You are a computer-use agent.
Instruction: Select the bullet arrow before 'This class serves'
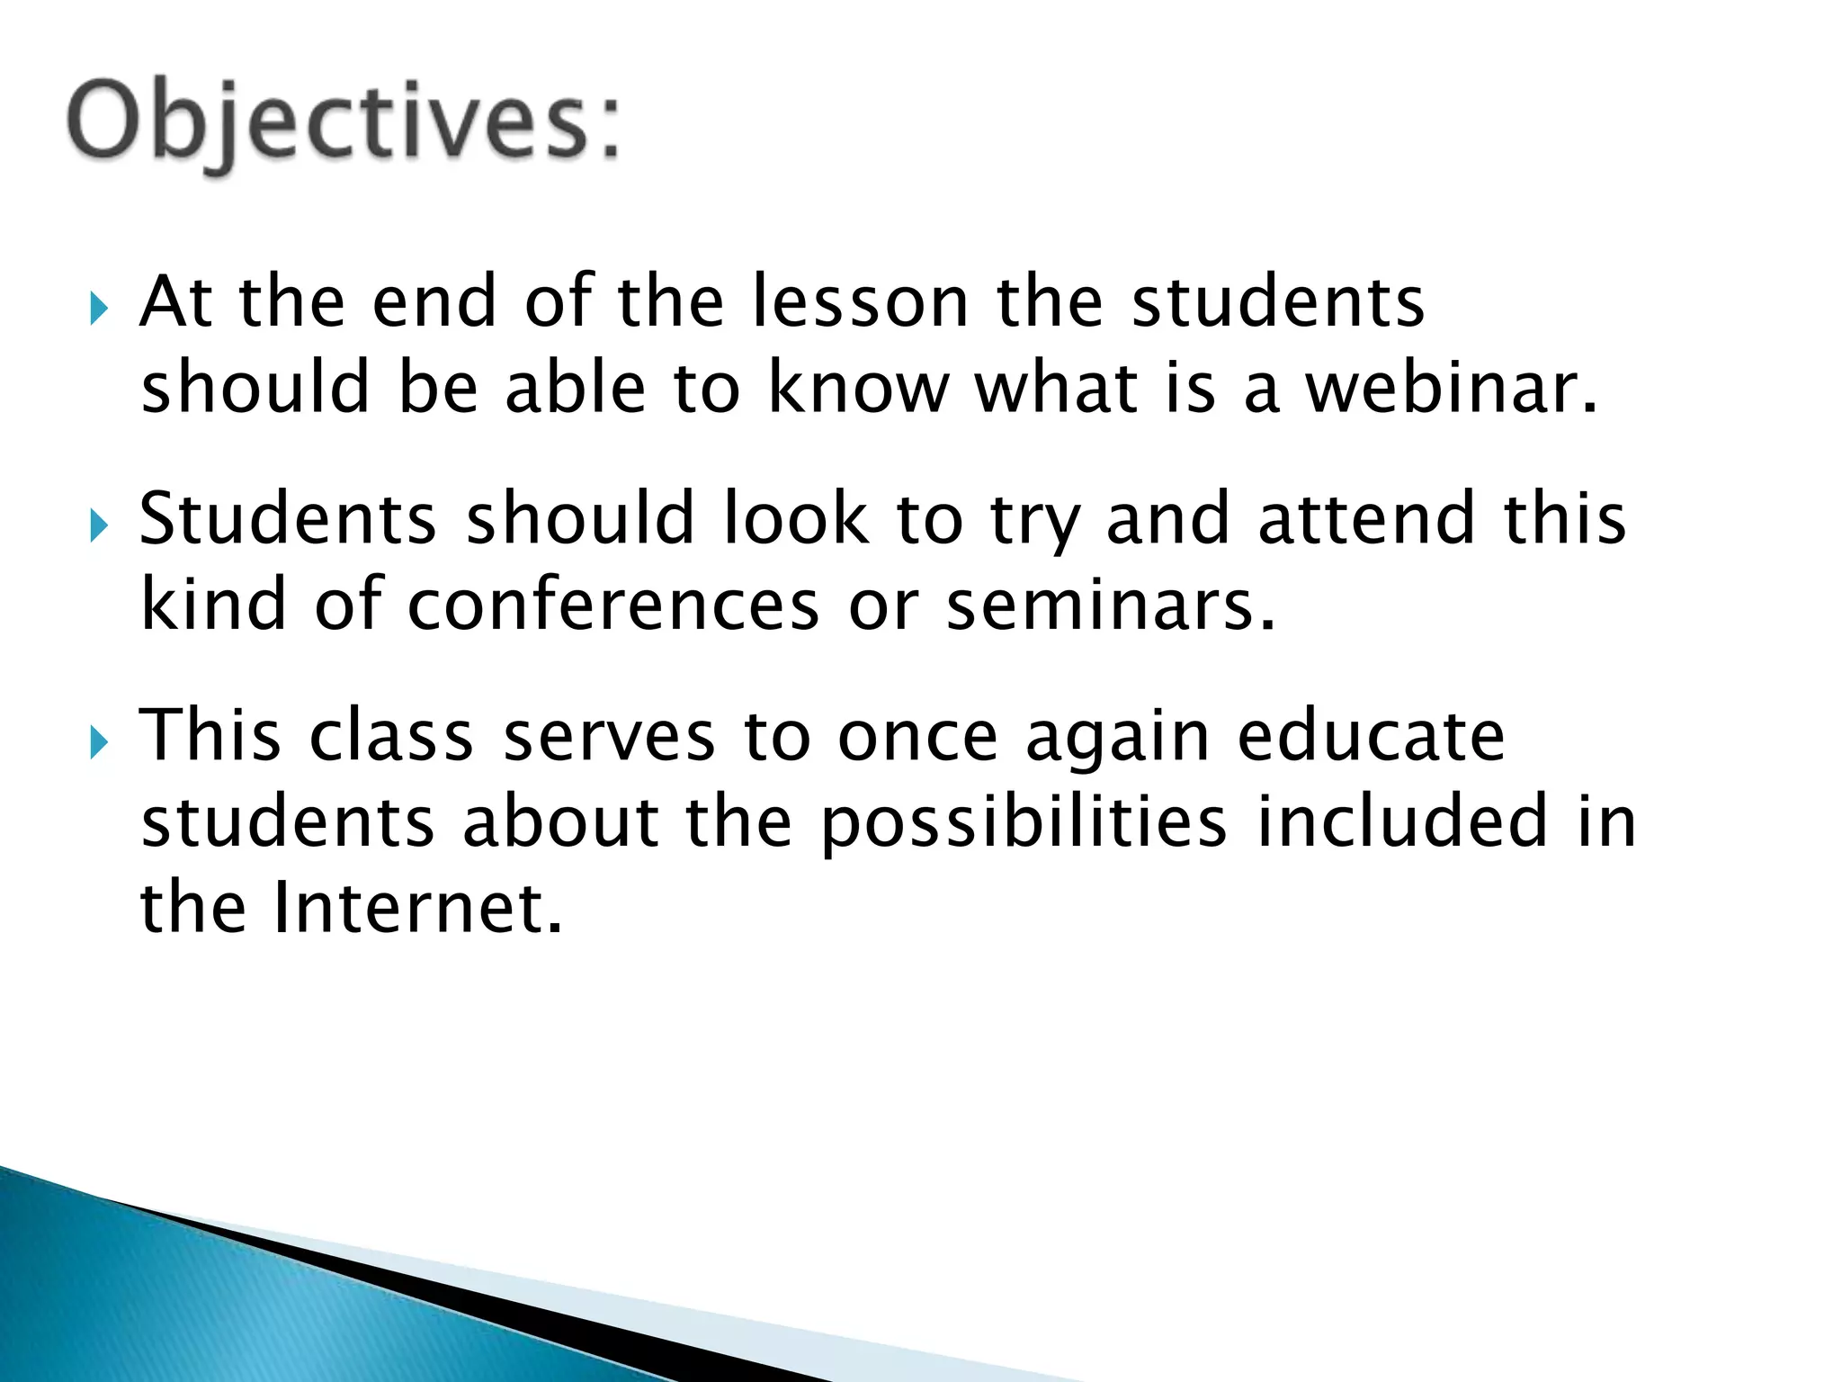(99, 743)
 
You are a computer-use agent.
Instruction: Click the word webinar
(1451, 389)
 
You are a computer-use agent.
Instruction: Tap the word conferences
(613, 606)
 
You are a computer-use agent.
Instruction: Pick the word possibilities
(1024, 822)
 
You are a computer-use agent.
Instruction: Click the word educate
(1371, 736)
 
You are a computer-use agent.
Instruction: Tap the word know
(858, 389)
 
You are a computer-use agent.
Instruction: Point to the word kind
(214, 604)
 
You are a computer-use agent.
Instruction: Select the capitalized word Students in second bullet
(288, 519)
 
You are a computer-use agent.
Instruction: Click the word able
(576, 389)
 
